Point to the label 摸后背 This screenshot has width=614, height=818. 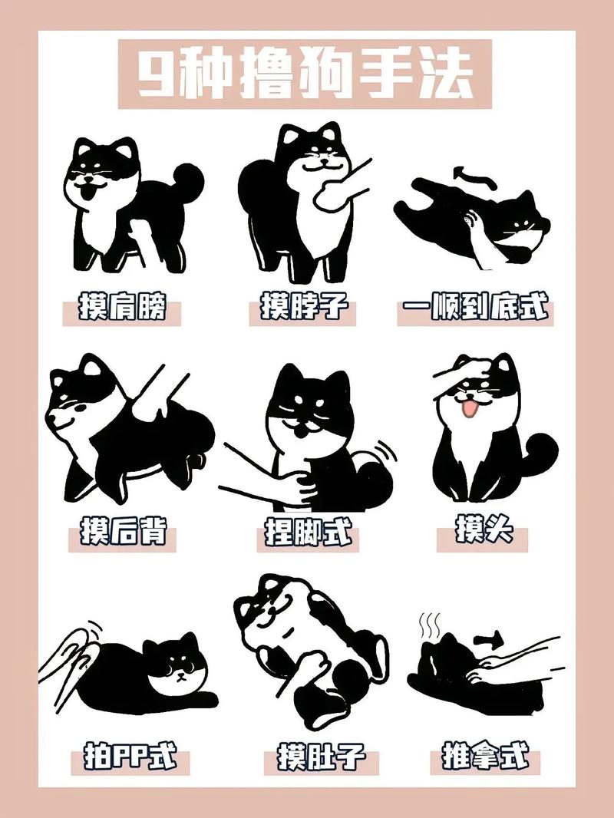123,533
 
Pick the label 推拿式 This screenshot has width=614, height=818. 486,756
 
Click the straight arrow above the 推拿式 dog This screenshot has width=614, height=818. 489,638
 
